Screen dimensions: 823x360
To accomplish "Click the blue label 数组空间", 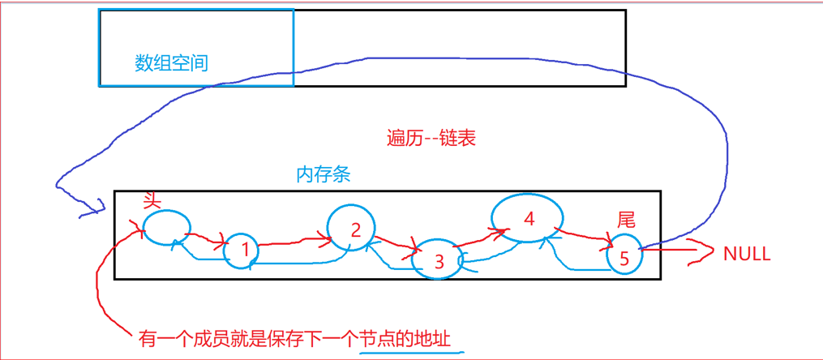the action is click(x=171, y=62).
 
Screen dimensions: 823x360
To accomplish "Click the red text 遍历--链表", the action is click(x=431, y=138).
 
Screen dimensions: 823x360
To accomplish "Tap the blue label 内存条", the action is click(x=324, y=175).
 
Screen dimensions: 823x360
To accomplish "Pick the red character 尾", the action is click(x=626, y=219).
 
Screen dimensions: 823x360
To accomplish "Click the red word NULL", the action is click(x=746, y=254).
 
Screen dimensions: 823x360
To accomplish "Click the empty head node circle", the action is click(x=167, y=226).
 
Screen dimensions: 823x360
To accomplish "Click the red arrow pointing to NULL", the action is click(x=677, y=252).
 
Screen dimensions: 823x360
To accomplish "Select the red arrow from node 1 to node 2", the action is click(x=296, y=240).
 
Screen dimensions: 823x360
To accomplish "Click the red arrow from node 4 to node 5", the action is click(x=585, y=235).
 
